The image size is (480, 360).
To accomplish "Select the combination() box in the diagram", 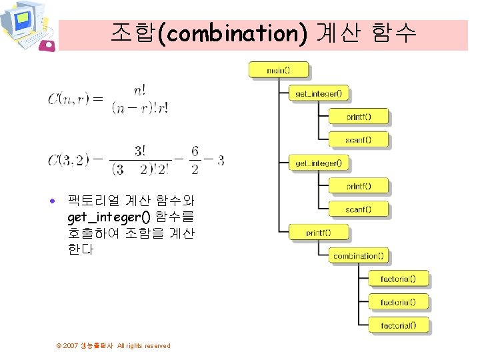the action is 358,256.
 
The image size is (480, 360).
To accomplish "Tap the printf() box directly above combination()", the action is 318,233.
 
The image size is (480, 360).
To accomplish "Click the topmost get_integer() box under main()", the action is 319,93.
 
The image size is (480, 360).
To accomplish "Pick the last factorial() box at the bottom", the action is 398,325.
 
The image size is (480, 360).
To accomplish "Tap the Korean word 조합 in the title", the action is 133,33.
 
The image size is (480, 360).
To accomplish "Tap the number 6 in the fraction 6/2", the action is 195,152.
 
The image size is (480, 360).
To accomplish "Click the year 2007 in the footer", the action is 71,346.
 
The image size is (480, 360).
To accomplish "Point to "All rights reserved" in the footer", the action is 143,346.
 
